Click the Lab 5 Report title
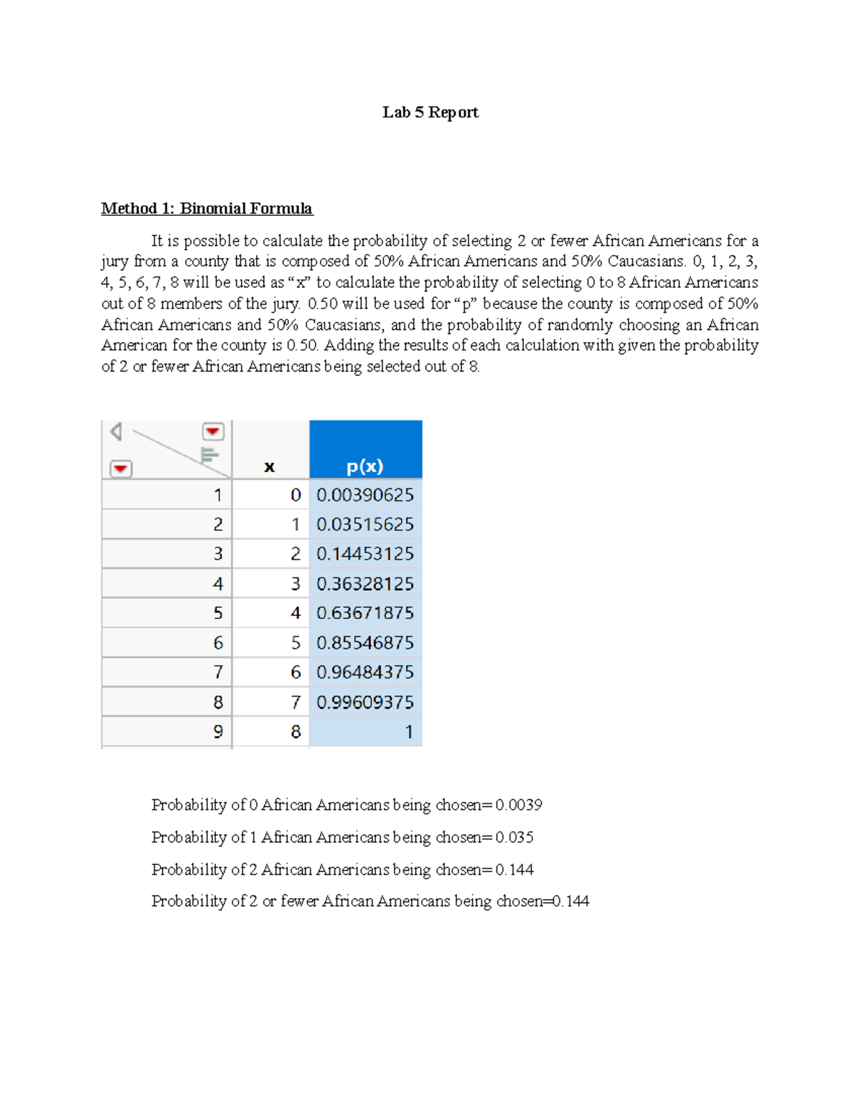pyautogui.click(x=430, y=112)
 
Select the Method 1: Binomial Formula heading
pyautogui.click(x=207, y=209)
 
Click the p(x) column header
pyautogui.click(x=365, y=466)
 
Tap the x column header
pyautogui.click(x=270, y=466)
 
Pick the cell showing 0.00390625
pyautogui.click(x=365, y=495)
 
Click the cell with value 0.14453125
pyautogui.click(x=365, y=554)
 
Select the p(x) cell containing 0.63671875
pyautogui.click(x=365, y=613)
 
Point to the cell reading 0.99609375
pyautogui.click(x=365, y=702)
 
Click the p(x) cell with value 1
pyautogui.click(x=408, y=732)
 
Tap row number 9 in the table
pyautogui.click(x=218, y=732)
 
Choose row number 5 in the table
pyautogui.click(x=218, y=613)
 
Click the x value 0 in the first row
pyautogui.click(x=295, y=495)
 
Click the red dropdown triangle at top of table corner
pyautogui.click(x=213, y=432)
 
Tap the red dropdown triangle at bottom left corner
pyautogui.click(x=121, y=469)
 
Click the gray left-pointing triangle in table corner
pyautogui.click(x=116, y=432)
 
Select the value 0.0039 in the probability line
pyautogui.click(x=519, y=805)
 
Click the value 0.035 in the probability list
pyautogui.click(x=514, y=837)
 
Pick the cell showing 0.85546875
pyautogui.click(x=365, y=643)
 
